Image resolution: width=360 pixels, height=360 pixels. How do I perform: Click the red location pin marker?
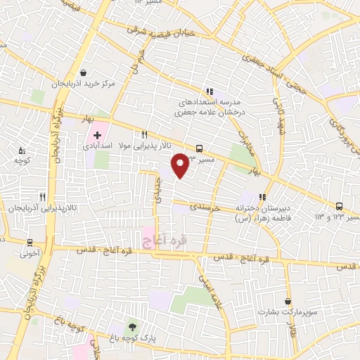[181, 165]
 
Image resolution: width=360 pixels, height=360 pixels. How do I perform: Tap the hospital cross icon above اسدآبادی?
[97, 134]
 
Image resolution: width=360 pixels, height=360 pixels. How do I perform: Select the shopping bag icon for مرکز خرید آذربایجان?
[83, 72]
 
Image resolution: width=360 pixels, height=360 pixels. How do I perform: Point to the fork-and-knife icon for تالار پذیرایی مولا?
[144, 134]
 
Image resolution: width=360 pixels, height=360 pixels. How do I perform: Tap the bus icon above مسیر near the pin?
[200, 148]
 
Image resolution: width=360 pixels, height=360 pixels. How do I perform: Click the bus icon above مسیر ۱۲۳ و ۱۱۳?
[340, 206]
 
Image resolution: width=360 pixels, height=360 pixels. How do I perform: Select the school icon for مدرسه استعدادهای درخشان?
[209, 91]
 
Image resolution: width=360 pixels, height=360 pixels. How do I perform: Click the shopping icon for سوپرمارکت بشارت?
[287, 300]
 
